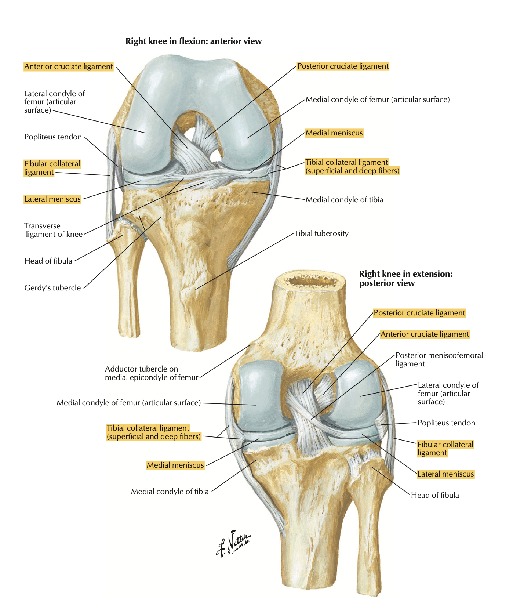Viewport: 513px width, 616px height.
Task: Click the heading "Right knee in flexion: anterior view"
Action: tap(193, 41)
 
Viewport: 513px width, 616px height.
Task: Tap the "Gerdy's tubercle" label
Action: tap(52, 288)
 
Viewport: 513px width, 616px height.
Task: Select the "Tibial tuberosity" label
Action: tap(321, 233)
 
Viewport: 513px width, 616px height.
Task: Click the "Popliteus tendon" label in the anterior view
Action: tap(53, 137)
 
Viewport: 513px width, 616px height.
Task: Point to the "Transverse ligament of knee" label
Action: tap(54, 230)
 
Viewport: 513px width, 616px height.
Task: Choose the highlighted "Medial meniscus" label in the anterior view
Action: tap(334, 133)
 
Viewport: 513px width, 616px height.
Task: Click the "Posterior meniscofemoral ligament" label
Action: tap(439, 359)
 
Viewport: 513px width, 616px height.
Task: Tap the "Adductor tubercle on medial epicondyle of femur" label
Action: tap(151, 373)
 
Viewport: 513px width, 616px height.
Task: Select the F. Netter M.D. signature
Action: tap(233, 544)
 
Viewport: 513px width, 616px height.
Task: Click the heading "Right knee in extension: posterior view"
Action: tap(405, 278)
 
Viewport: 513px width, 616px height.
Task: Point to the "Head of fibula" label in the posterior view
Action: tap(434, 495)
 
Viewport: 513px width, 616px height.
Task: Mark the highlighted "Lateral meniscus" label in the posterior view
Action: tap(445, 474)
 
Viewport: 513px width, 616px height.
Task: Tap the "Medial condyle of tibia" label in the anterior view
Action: tap(344, 200)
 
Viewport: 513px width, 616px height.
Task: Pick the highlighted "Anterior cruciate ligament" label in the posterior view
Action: tap(425, 334)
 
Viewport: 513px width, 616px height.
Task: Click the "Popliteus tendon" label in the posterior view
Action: tap(446, 423)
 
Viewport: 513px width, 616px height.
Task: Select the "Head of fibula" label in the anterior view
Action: tap(48, 261)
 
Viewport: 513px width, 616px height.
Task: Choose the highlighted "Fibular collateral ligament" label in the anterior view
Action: tap(52, 168)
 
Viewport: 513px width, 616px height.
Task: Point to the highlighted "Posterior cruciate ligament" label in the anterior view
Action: tap(343, 66)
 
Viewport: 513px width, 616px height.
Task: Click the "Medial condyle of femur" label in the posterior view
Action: tap(128, 403)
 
